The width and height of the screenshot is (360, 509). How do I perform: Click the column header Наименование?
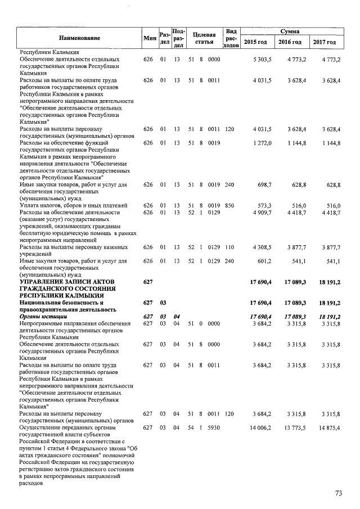coord(79,38)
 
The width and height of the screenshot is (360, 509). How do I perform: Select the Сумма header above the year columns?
coord(290,31)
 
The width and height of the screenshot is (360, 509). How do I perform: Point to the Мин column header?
coord(149,38)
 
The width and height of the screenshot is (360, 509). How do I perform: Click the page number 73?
coord(339,493)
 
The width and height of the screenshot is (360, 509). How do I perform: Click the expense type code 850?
coord(229,206)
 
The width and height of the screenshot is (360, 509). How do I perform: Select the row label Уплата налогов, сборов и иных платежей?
coord(65,206)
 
